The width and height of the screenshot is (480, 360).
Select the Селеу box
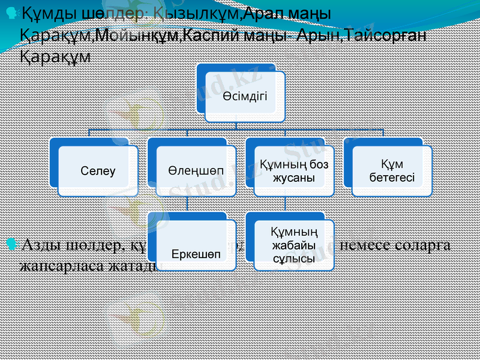(x=98, y=171)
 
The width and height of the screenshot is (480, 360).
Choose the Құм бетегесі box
(x=391, y=171)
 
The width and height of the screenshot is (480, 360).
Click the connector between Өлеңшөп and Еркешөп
(x=187, y=205)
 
